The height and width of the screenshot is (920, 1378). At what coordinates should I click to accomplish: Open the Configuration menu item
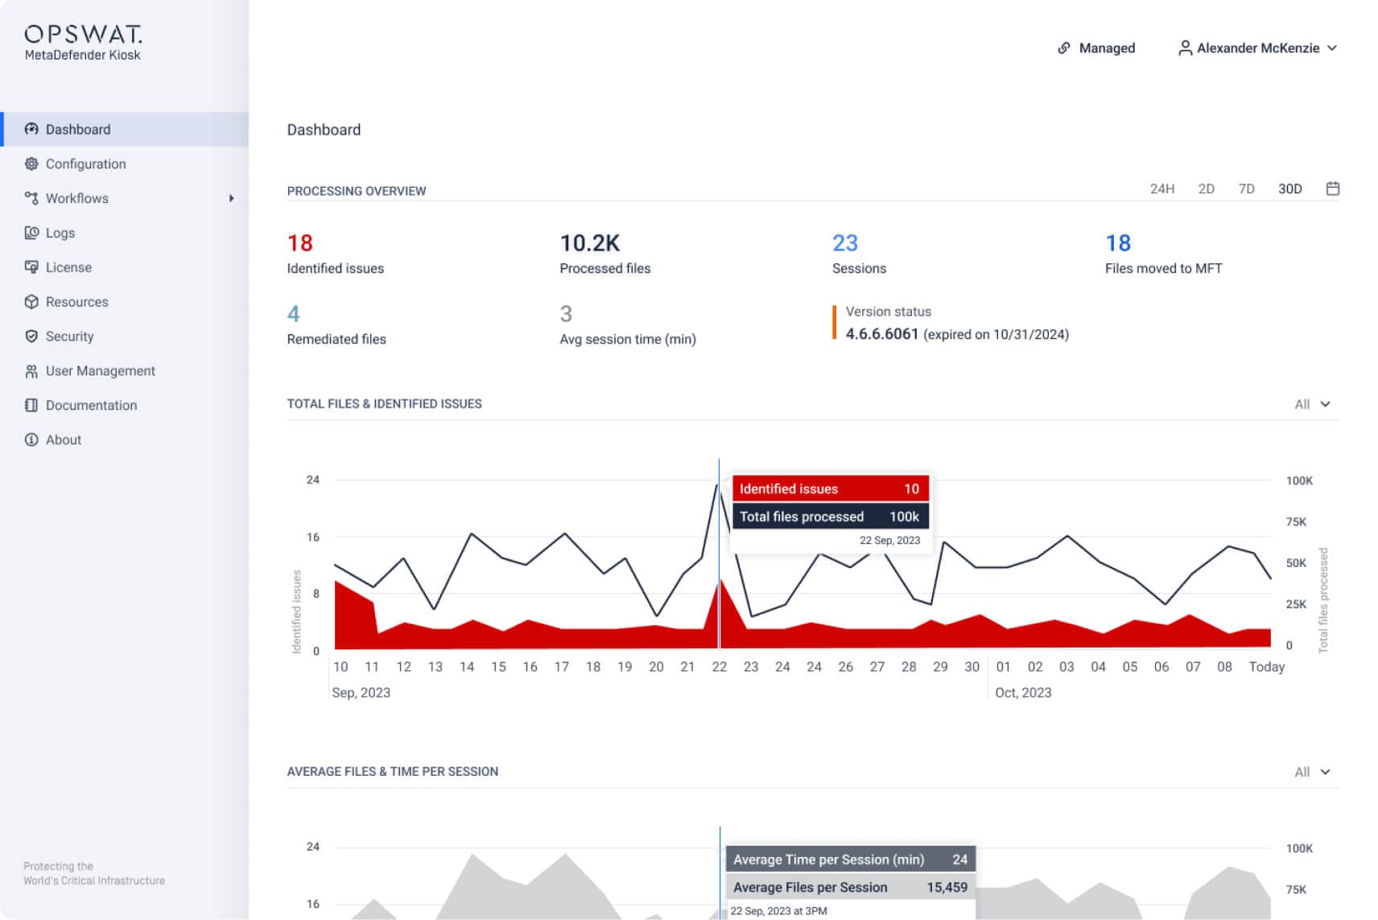coord(85,164)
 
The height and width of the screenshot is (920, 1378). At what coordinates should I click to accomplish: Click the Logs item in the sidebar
coord(60,233)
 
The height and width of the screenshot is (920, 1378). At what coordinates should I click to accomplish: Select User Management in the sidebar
coord(101,371)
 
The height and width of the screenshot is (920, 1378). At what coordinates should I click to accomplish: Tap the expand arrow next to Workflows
coord(231,198)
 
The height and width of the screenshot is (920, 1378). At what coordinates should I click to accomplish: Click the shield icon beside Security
coord(31,336)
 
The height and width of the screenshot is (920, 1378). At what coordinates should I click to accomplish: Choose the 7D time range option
coord(1246,189)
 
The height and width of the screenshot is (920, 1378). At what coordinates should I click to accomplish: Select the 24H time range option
coord(1162,189)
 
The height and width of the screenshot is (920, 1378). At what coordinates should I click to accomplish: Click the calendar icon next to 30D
coord(1332,189)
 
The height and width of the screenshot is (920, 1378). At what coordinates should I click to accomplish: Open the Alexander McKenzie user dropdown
coord(1258,48)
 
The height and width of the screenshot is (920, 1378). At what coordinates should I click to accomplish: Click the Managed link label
coord(1107,48)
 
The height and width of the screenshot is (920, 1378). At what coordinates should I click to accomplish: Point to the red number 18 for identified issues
coord(300,242)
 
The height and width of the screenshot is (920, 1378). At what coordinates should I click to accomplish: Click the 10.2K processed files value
coord(589,242)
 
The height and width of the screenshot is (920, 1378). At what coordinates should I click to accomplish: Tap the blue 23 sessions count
coord(844,242)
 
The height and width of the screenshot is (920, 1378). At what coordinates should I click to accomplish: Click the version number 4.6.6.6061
coord(881,334)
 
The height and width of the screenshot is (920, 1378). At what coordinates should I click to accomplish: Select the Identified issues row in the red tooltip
coord(830,488)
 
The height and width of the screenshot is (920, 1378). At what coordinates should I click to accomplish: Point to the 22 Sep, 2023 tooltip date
coord(889,540)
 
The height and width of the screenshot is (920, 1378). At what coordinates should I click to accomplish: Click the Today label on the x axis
coord(1266,666)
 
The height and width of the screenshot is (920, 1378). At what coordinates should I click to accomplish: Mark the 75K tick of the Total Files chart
coord(1296,521)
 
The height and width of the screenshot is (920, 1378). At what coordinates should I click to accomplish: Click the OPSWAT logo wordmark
coord(83,33)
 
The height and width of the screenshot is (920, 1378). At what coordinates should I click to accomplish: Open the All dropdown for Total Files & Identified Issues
coord(1312,404)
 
